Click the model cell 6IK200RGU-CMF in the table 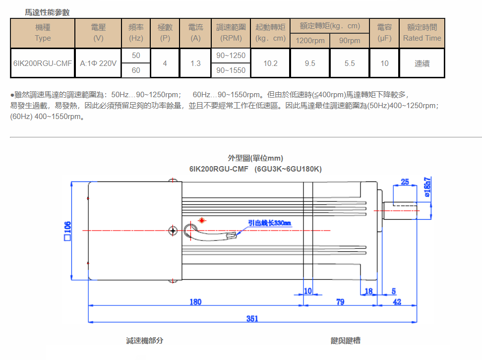[43, 63]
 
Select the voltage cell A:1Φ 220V [98, 63]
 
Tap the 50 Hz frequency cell [136, 56]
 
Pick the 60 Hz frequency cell [136, 70]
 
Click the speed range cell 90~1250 [231, 56]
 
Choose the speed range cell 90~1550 [231, 70]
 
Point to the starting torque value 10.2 [271, 63]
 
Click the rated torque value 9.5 [310, 63]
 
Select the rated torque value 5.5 [350, 63]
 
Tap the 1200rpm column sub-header [310, 41]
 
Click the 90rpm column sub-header [350, 41]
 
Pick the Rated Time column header [422, 33]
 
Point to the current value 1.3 [195, 63]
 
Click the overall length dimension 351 [252, 318]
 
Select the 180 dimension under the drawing [195, 301]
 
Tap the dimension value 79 [340, 301]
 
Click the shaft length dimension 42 [397, 301]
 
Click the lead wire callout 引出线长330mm [270, 223]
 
